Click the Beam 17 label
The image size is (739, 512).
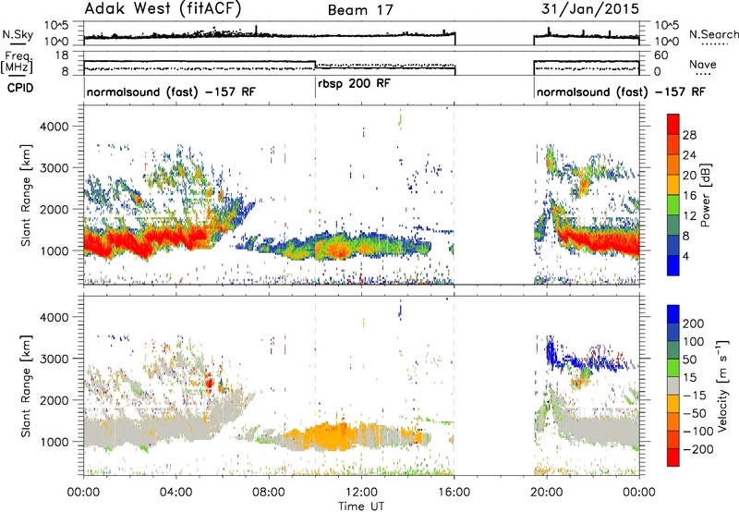(x=360, y=10)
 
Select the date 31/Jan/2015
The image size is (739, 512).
(x=590, y=8)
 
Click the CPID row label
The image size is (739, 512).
(x=20, y=88)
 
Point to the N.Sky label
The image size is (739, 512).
(x=18, y=34)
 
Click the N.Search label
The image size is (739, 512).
(x=713, y=34)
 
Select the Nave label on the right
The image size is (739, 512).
(x=703, y=65)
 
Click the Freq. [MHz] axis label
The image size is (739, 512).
(x=18, y=62)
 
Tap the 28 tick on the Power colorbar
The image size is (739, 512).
(x=689, y=135)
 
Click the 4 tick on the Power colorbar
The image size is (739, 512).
(x=686, y=257)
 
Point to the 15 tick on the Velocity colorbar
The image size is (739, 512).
(x=689, y=377)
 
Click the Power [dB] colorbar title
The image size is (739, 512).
(x=706, y=195)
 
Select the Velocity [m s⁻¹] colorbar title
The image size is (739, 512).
(x=722, y=385)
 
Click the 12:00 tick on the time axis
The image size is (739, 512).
(x=361, y=493)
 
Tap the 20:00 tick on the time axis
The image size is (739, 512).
(x=547, y=493)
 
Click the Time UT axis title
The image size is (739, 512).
(x=361, y=506)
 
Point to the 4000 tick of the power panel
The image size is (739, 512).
(x=54, y=127)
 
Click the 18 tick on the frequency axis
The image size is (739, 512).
(x=62, y=55)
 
